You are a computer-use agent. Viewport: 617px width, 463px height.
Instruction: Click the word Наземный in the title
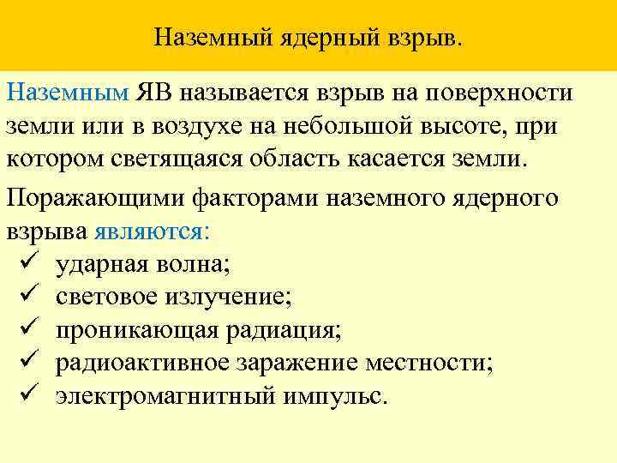coord(204,38)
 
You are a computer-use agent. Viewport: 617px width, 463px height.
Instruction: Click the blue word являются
coord(149,231)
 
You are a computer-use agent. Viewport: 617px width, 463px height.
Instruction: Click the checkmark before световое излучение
coord(24,298)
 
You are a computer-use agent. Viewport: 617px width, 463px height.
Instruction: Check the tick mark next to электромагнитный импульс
coord(24,397)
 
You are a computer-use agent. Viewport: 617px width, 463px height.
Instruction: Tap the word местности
coord(428,364)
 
